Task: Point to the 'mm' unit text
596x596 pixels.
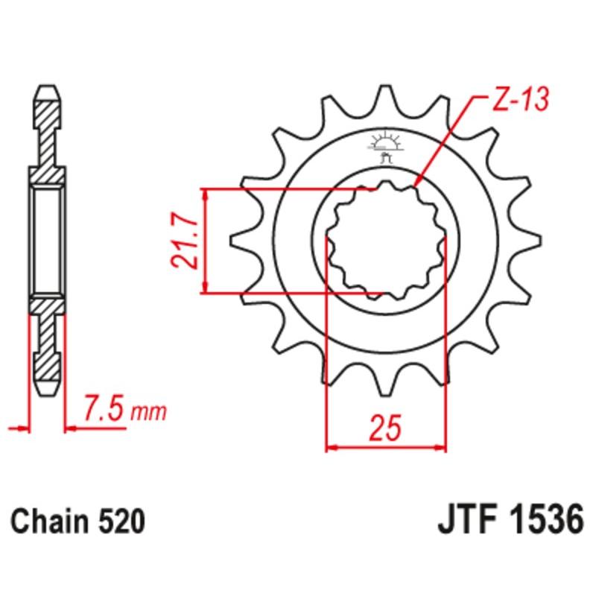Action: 149,411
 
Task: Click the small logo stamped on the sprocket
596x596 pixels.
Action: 385,145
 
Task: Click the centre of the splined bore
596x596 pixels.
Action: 387,240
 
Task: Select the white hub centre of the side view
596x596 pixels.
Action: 46,240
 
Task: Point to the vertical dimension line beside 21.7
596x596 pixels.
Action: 205,240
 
